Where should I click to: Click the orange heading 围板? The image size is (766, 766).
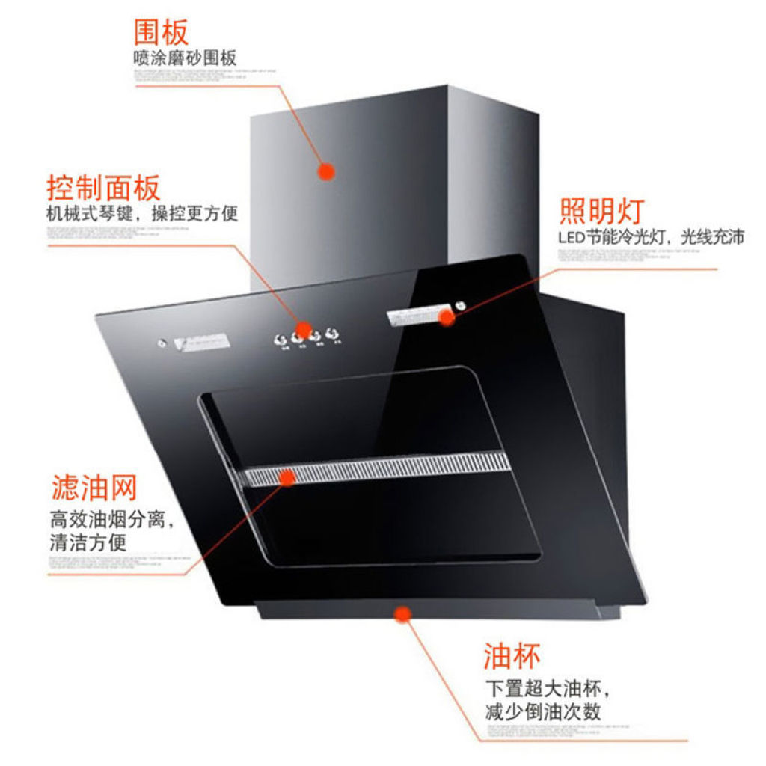pos(161,32)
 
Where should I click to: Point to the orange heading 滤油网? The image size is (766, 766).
pos(94,488)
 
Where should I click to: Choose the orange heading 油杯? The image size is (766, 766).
pos(512,656)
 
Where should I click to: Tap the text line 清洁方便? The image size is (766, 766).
pos(88,542)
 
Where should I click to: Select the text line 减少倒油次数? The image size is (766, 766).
pos(543,711)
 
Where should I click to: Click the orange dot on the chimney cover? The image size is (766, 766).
pos(325,171)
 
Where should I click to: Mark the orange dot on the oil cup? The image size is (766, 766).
pos(403,615)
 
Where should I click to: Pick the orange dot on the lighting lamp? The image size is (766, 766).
pos(447,316)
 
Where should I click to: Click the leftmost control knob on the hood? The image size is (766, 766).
pos(283,340)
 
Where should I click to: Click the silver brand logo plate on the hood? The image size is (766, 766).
pos(203,343)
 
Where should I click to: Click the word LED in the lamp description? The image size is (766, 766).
pos(572,239)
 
